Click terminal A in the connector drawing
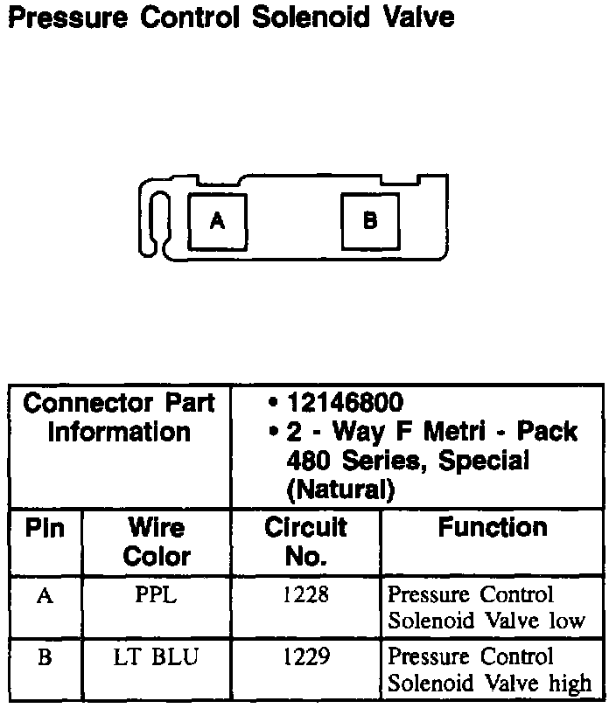217,222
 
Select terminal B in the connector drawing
369,221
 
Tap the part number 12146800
345,403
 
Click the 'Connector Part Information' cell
119,418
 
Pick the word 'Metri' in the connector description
457,432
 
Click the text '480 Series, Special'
407,461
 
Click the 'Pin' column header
45,530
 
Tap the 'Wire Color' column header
156,542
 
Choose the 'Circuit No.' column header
305,542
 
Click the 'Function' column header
493,528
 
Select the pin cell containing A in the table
45,596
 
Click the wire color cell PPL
156,596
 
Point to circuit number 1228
305,596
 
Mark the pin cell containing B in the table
45,658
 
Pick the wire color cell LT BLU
156,658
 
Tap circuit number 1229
305,658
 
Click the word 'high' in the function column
570,683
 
